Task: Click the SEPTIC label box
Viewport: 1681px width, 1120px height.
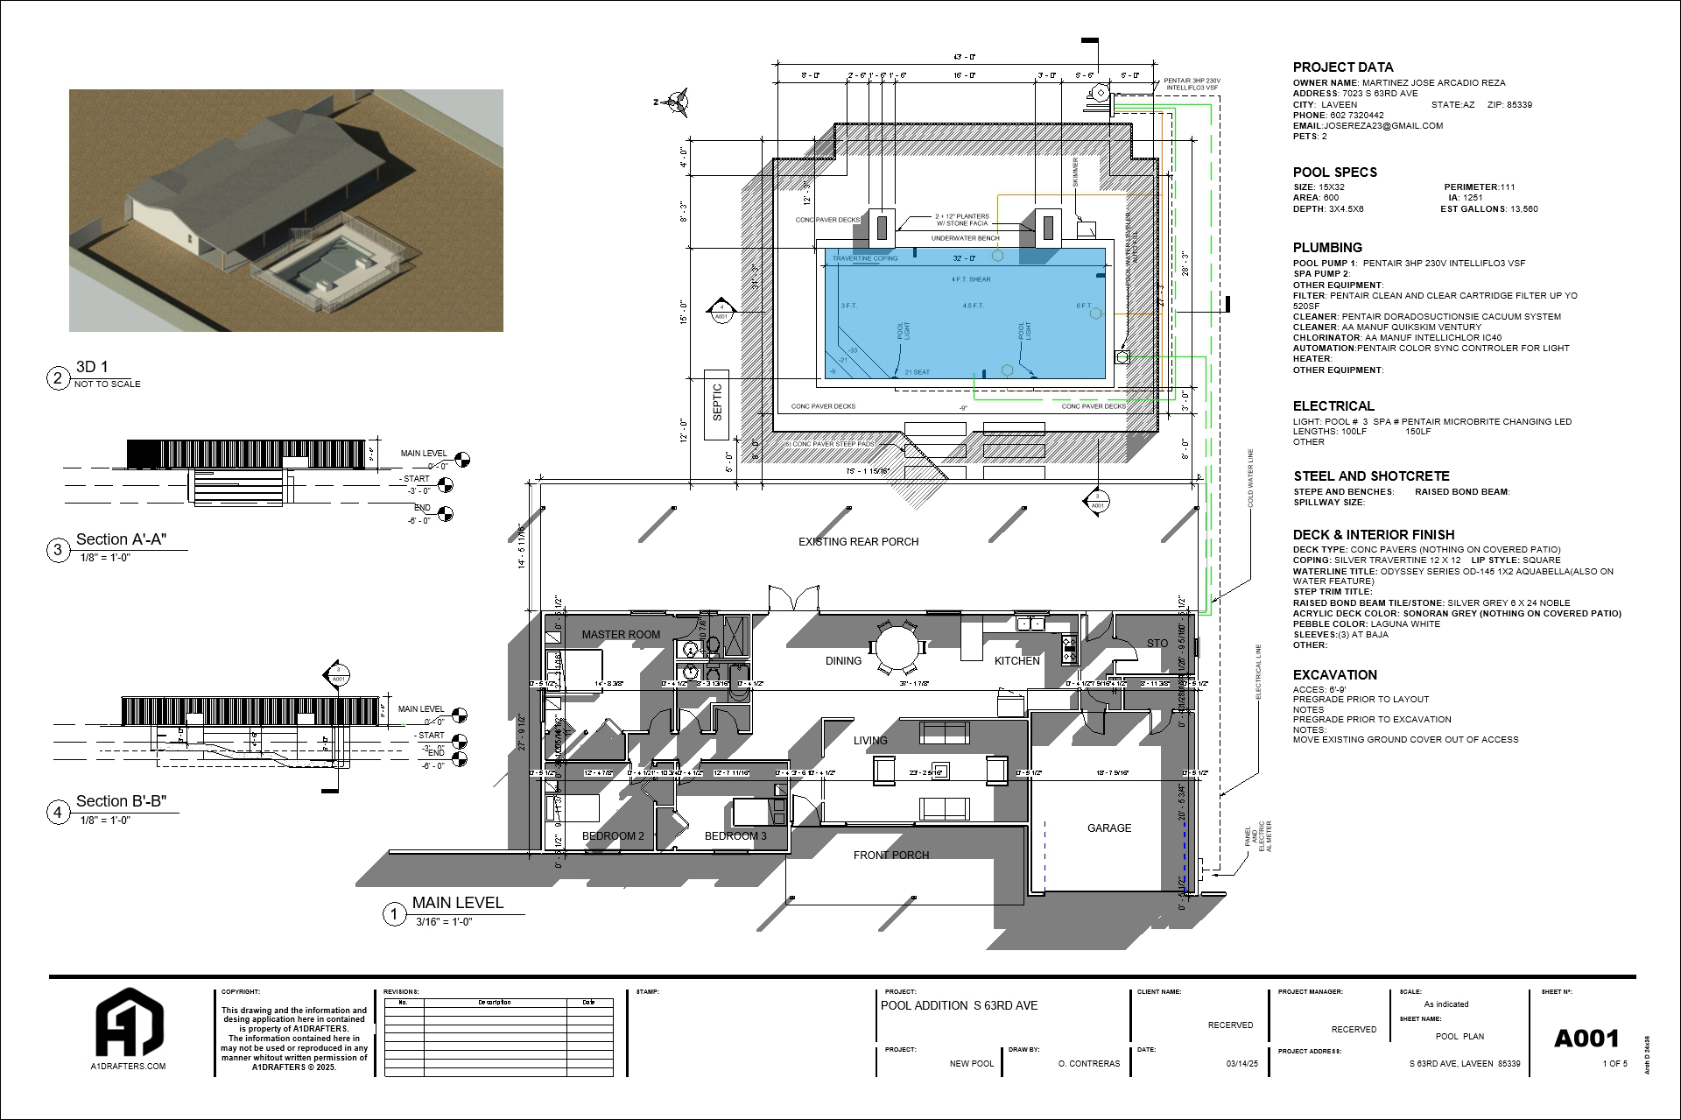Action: pyautogui.click(x=717, y=402)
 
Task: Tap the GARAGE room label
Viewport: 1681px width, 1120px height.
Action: pyautogui.click(x=1108, y=828)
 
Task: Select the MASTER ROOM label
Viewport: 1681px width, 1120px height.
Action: pyautogui.click(x=621, y=635)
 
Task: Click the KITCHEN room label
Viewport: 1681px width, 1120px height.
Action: pyautogui.click(x=1016, y=661)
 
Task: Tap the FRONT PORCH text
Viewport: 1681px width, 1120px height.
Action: pyautogui.click(x=890, y=856)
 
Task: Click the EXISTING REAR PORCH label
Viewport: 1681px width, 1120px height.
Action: pyautogui.click(x=858, y=542)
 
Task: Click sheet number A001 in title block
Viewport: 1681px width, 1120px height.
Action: pyautogui.click(x=1586, y=1039)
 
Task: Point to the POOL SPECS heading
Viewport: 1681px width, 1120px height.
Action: pyautogui.click(x=1334, y=173)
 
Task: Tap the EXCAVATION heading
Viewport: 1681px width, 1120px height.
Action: pyautogui.click(x=1334, y=675)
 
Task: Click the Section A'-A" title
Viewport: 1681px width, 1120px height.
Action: pyautogui.click(x=121, y=539)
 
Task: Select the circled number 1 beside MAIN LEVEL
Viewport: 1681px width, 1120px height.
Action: pyautogui.click(x=394, y=915)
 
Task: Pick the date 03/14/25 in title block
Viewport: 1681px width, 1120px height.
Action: pyautogui.click(x=1241, y=1064)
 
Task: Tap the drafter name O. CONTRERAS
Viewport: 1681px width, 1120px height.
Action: pyautogui.click(x=1088, y=1064)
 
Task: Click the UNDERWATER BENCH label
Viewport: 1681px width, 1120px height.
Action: pyautogui.click(x=965, y=238)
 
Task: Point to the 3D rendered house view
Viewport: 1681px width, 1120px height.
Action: pyautogui.click(x=285, y=210)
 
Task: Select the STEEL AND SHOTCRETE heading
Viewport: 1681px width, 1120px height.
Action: pyautogui.click(x=1371, y=476)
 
